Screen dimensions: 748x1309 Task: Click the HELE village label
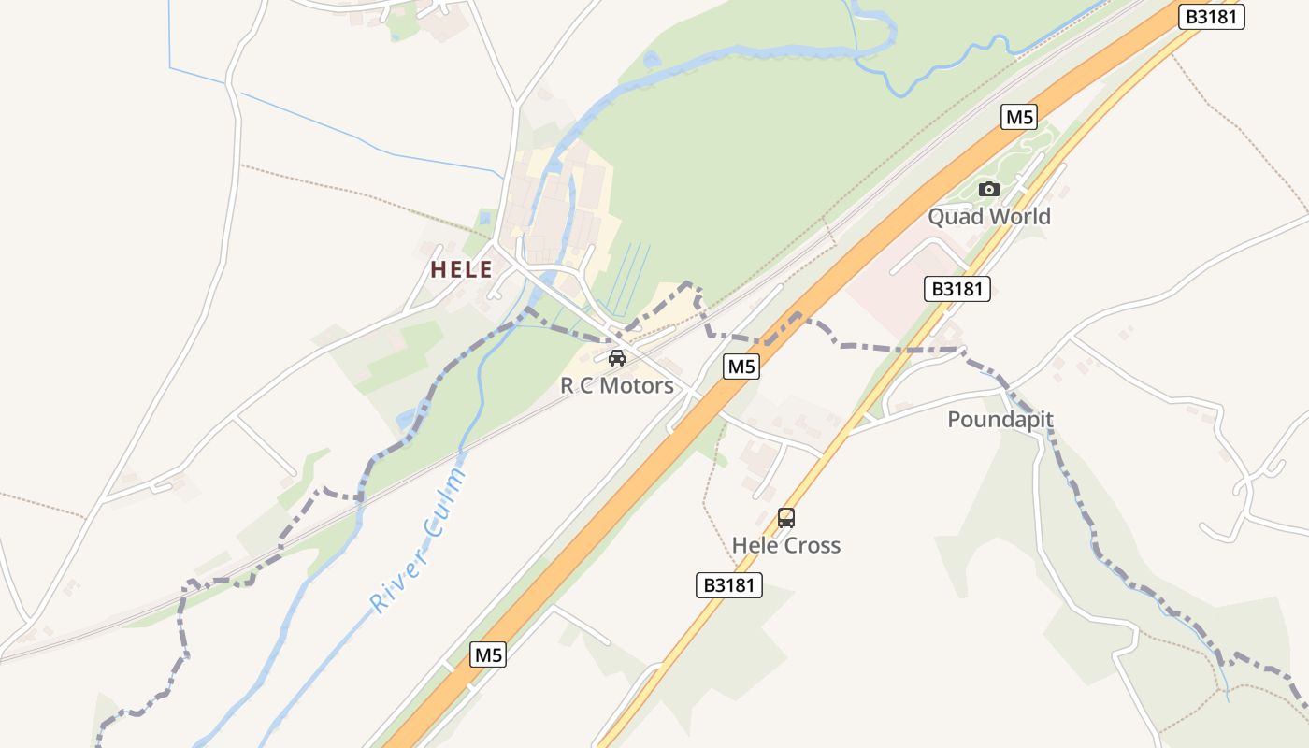click(461, 270)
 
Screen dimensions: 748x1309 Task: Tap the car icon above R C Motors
click(617, 358)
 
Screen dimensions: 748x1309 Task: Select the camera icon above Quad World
click(988, 190)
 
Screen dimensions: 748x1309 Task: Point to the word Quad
click(956, 217)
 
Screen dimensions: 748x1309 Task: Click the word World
click(1020, 217)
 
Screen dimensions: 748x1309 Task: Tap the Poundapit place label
click(1000, 420)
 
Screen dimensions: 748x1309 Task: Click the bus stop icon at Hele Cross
click(786, 518)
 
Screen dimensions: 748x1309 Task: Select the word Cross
click(813, 545)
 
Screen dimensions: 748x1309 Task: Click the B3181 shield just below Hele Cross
click(729, 585)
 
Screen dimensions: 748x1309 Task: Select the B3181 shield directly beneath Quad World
click(957, 289)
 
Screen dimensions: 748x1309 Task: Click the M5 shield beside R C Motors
click(741, 367)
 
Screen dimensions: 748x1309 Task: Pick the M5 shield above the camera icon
click(1019, 117)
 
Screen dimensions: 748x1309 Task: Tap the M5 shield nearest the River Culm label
click(488, 654)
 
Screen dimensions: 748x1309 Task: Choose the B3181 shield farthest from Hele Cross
click(1211, 17)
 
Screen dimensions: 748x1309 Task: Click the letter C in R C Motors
click(586, 386)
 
